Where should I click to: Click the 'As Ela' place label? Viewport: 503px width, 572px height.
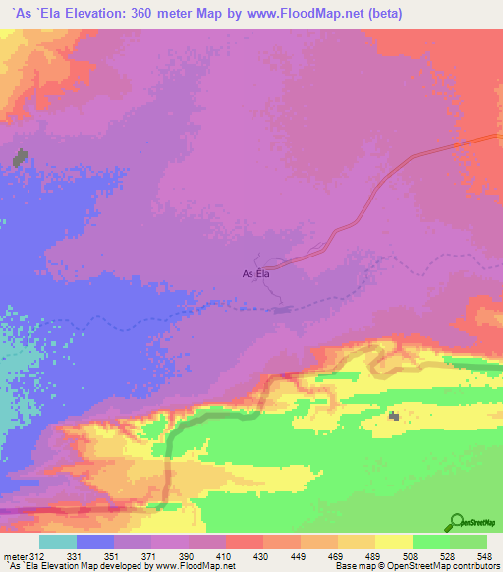(255, 274)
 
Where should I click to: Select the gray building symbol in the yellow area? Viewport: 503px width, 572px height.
(394, 417)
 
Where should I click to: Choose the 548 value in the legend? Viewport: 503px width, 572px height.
(485, 555)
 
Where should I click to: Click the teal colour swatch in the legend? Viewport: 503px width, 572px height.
(58, 542)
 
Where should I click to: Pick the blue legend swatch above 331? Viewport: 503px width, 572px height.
(95, 542)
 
